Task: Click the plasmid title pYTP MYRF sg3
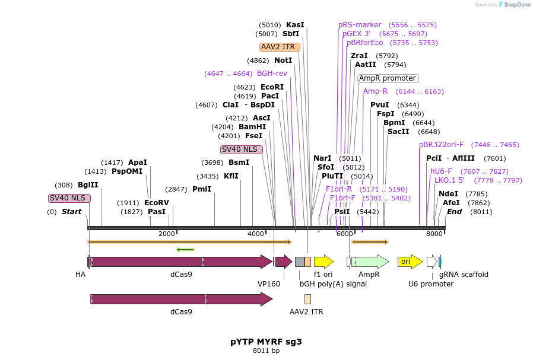click(266, 342)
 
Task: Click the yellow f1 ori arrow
click(323, 262)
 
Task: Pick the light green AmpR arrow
click(370, 262)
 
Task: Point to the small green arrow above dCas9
click(185, 249)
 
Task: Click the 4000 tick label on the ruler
click(256, 234)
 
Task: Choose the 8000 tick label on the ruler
click(434, 234)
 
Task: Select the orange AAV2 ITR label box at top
click(280, 47)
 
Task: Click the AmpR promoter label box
click(388, 78)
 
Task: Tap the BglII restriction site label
click(88, 185)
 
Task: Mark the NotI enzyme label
click(283, 60)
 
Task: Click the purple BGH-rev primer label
click(272, 74)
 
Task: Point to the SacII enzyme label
click(398, 132)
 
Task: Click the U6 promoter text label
click(431, 284)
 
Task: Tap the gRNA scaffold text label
click(464, 275)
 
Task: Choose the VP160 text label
click(268, 284)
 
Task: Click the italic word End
click(454, 212)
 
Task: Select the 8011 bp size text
click(266, 351)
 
